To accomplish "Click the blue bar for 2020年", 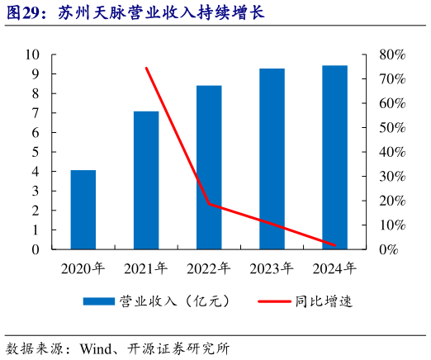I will pos(83,210).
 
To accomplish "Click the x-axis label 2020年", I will pos(83,268).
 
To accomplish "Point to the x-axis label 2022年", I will pos(209,268).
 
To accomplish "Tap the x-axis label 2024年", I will pos(334,268).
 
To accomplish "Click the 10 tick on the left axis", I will pos(33,54).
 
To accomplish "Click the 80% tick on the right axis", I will pos(391,54).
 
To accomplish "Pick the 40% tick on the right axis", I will pos(391,152).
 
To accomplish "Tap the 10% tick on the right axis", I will pos(391,225).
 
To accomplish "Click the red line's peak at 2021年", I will pos(146,68).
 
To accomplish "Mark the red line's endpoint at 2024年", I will pos(334,245).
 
